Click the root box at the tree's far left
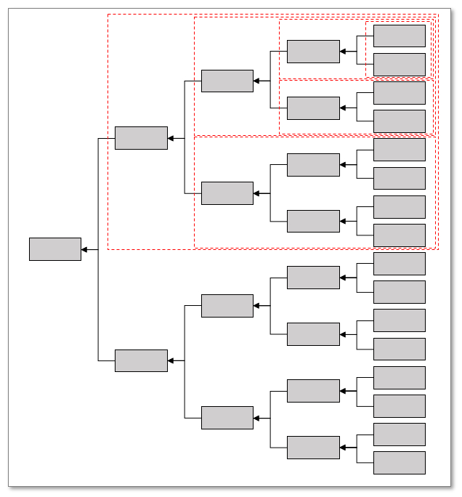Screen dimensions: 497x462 click(x=55, y=249)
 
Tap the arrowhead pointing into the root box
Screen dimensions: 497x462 click(x=85, y=250)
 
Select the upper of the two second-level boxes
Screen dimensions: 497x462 click(x=141, y=138)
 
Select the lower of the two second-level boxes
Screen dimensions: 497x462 click(x=141, y=361)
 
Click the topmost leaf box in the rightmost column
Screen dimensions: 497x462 click(x=400, y=36)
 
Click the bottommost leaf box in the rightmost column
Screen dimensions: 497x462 click(x=400, y=463)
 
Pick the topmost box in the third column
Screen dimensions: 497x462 click(x=227, y=81)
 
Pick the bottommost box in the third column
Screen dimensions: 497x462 click(x=227, y=418)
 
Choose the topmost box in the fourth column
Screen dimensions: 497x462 click(x=313, y=52)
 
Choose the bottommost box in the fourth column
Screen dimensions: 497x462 click(x=313, y=448)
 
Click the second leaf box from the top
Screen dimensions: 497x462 click(x=400, y=65)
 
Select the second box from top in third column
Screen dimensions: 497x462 click(x=227, y=193)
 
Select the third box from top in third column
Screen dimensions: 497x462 click(x=227, y=306)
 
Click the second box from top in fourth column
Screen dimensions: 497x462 click(x=313, y=108)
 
